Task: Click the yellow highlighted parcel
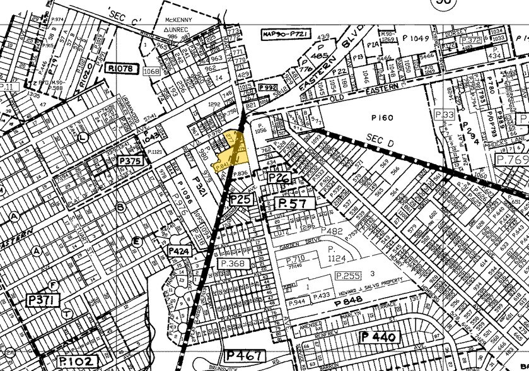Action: point(231,153)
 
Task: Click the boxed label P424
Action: point(178,250)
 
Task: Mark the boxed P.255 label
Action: point(347,276)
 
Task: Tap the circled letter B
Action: point(120,206)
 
